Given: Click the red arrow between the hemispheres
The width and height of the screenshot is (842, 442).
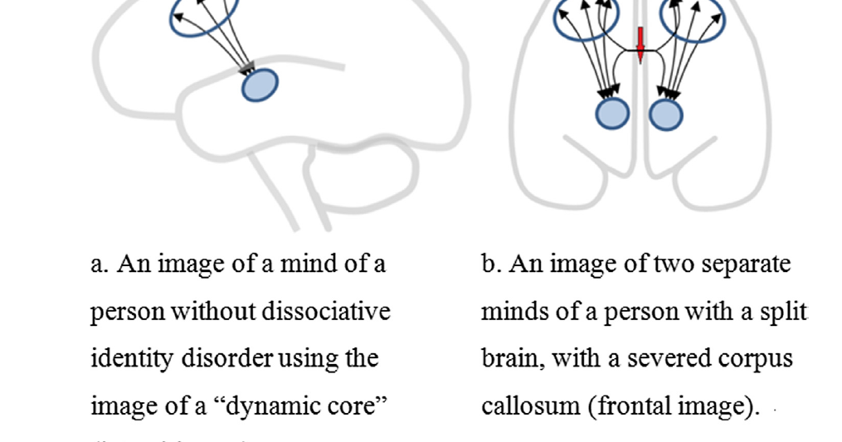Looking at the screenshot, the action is pos(640,43).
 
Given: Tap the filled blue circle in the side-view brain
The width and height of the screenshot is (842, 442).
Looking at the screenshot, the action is pos(260,85).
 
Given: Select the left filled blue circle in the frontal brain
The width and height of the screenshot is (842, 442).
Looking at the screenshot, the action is pos(613,114).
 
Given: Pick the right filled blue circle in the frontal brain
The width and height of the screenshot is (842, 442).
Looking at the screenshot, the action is pos(665,114).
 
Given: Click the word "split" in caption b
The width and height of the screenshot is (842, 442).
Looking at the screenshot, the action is pos(784,312).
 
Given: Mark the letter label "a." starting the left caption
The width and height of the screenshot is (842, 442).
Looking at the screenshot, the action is pos(100,265).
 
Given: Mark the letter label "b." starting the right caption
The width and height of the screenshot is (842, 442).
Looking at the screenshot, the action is pos(492,265).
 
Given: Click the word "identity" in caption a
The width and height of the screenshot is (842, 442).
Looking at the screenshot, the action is pos(122,359).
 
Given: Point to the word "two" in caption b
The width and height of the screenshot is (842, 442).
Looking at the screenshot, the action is pos(674,265).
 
